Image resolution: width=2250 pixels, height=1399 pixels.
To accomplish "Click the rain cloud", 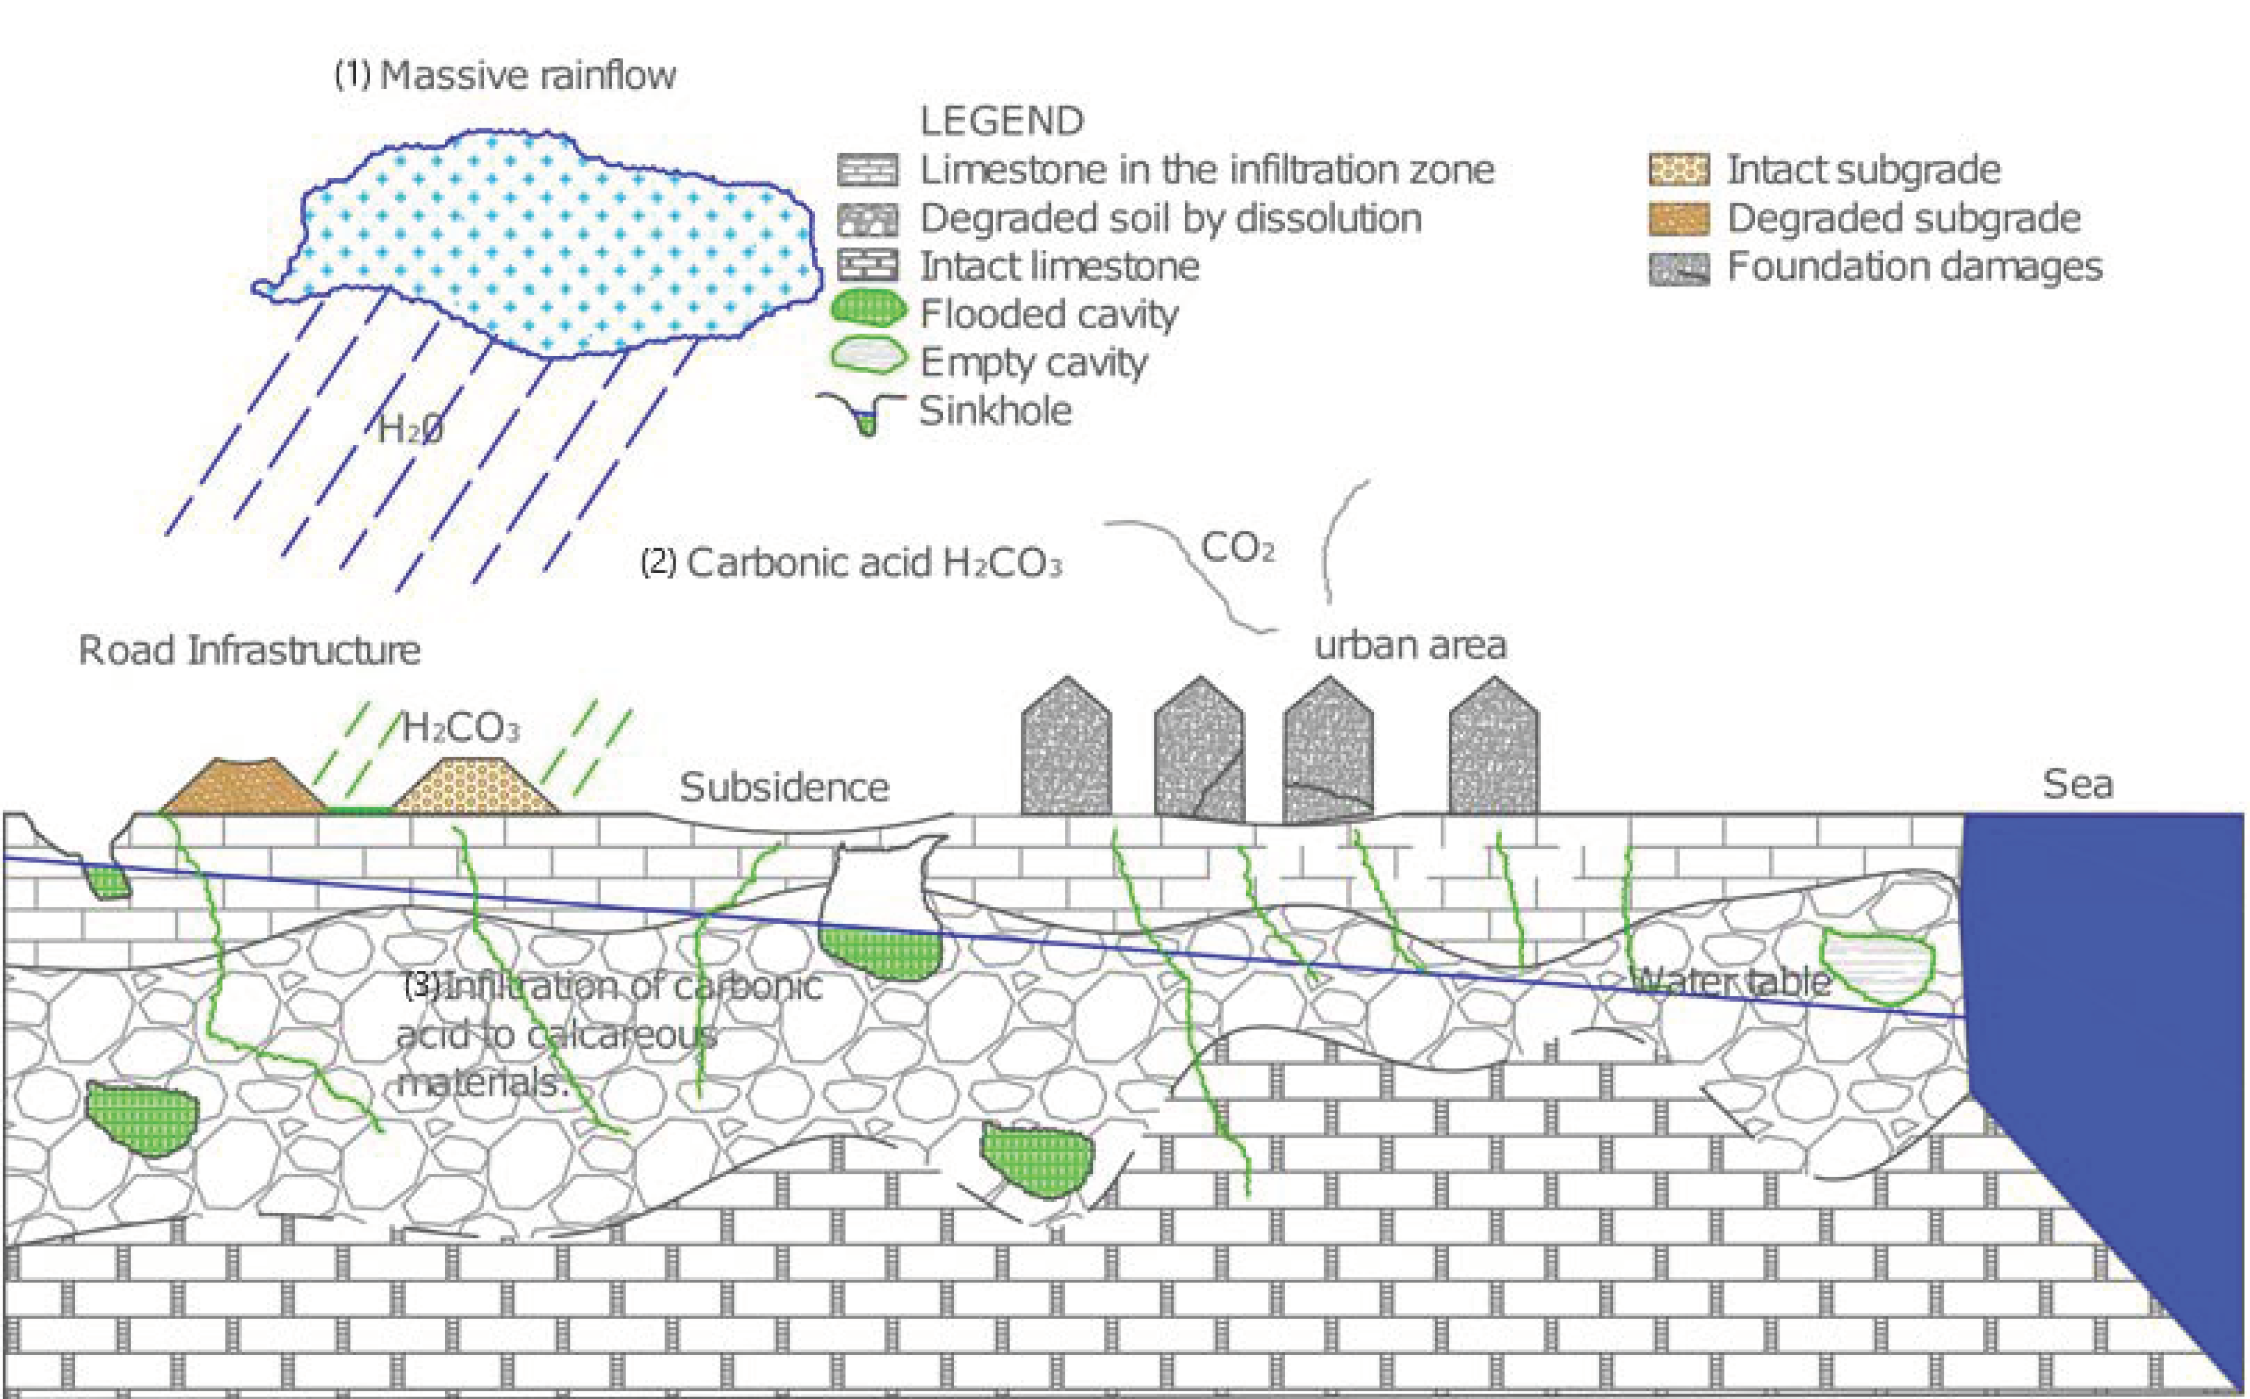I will coord(546,245).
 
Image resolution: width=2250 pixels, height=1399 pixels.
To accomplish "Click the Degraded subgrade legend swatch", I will coord(1678,218).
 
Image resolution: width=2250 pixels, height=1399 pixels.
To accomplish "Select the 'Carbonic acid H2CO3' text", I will coord(851,563).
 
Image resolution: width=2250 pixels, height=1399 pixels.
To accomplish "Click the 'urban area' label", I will coord(1410,645).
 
